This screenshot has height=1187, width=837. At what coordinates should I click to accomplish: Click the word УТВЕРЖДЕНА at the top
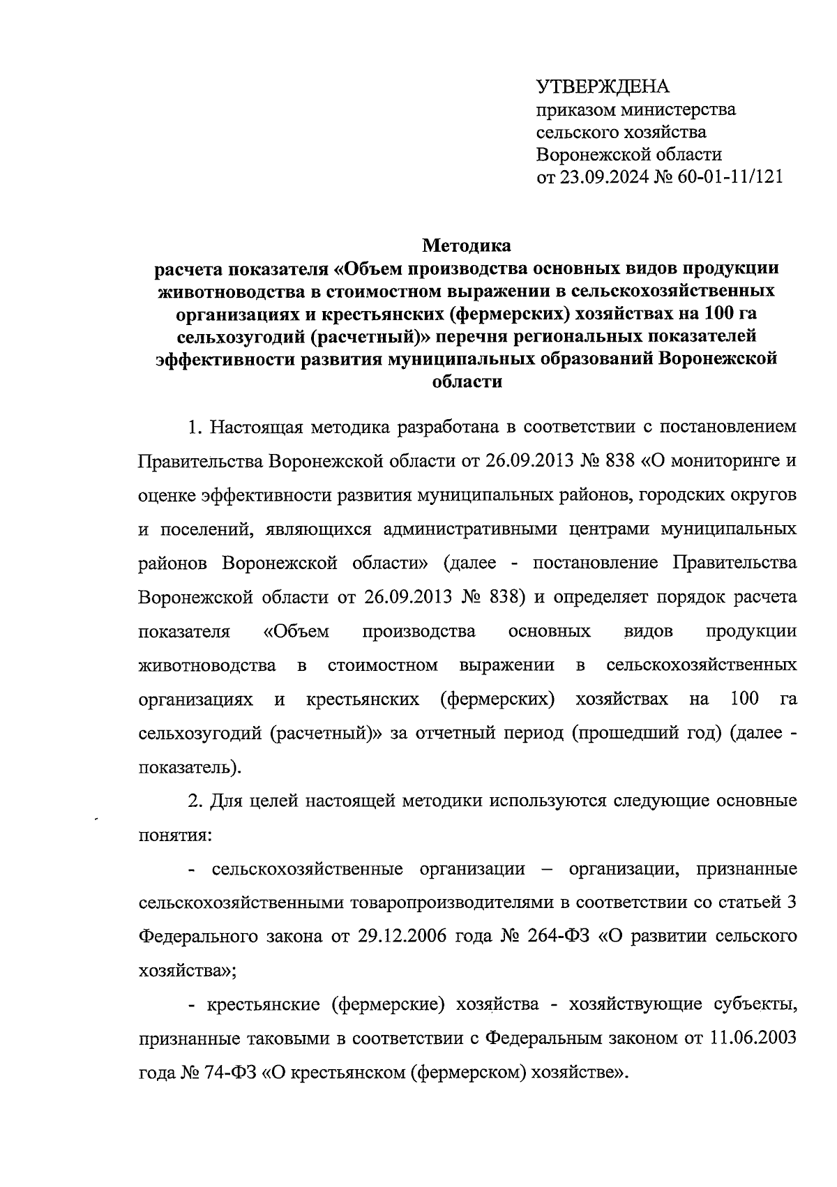click(x=602, y=87)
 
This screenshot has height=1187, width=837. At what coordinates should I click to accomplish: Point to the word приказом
click(x=578, y=109)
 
